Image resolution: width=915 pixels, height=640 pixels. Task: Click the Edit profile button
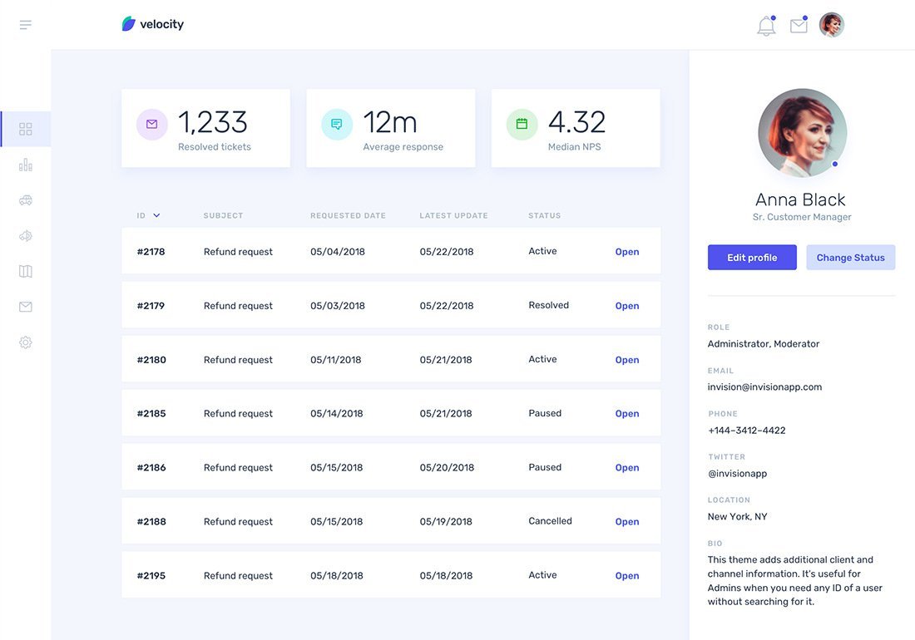752,258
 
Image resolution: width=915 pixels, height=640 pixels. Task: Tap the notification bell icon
766,26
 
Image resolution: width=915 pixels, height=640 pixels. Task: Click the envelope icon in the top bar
799,26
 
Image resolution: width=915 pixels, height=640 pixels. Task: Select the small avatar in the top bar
832,25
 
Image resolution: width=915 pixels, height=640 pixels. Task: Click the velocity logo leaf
129,24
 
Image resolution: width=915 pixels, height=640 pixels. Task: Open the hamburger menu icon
26,25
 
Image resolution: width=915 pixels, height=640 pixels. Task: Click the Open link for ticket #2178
627,252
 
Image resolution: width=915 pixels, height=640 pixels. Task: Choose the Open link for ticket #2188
627,522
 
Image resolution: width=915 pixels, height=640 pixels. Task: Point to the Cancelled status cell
550,521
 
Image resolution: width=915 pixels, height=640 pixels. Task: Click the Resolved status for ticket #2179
548,305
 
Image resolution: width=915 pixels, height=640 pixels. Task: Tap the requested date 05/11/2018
335,360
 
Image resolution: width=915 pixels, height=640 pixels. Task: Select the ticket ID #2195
151,576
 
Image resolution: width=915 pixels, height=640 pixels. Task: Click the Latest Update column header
453,216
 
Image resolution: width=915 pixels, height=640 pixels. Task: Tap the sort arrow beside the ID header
156,216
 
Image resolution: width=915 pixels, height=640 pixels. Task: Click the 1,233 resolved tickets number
213,122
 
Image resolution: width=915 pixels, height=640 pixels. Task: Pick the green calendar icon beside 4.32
522,124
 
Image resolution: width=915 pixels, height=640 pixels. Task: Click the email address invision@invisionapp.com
764,386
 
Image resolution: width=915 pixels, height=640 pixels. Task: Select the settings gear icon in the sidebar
26,342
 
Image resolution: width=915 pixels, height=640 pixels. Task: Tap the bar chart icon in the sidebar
26,165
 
